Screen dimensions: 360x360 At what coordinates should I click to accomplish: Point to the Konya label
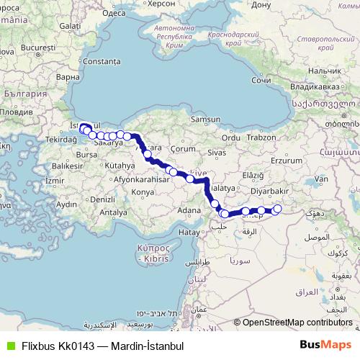(x=144, y=193)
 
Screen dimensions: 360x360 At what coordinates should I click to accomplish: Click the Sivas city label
(x=217, y=153)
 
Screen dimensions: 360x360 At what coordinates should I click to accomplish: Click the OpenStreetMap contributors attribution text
(x=297, y=323)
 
